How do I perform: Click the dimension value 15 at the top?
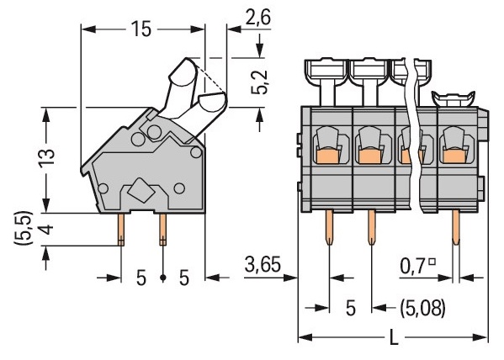coord(141,29)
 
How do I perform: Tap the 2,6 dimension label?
coord(257,18)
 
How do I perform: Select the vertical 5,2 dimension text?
coord(259,82)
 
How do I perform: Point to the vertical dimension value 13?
coord(47,158)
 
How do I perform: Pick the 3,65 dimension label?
coord(263,264)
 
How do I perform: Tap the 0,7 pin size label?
coord(414,267)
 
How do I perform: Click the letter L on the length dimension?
coord(394,337)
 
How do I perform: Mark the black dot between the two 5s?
coord(163,278)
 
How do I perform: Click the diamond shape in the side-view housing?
coord(141,190)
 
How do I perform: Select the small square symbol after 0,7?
coord(432,262)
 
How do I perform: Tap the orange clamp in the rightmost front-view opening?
coord(454,156)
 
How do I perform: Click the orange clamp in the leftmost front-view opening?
coord(328,156)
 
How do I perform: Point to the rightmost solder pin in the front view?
coord(456,227)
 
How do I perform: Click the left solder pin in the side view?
coord(121,230)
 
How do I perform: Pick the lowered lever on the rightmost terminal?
coord(454,98)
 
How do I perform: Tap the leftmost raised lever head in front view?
coord(327,72)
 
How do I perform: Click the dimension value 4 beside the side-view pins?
coord(47,230)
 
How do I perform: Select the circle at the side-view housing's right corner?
coord(196,152)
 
